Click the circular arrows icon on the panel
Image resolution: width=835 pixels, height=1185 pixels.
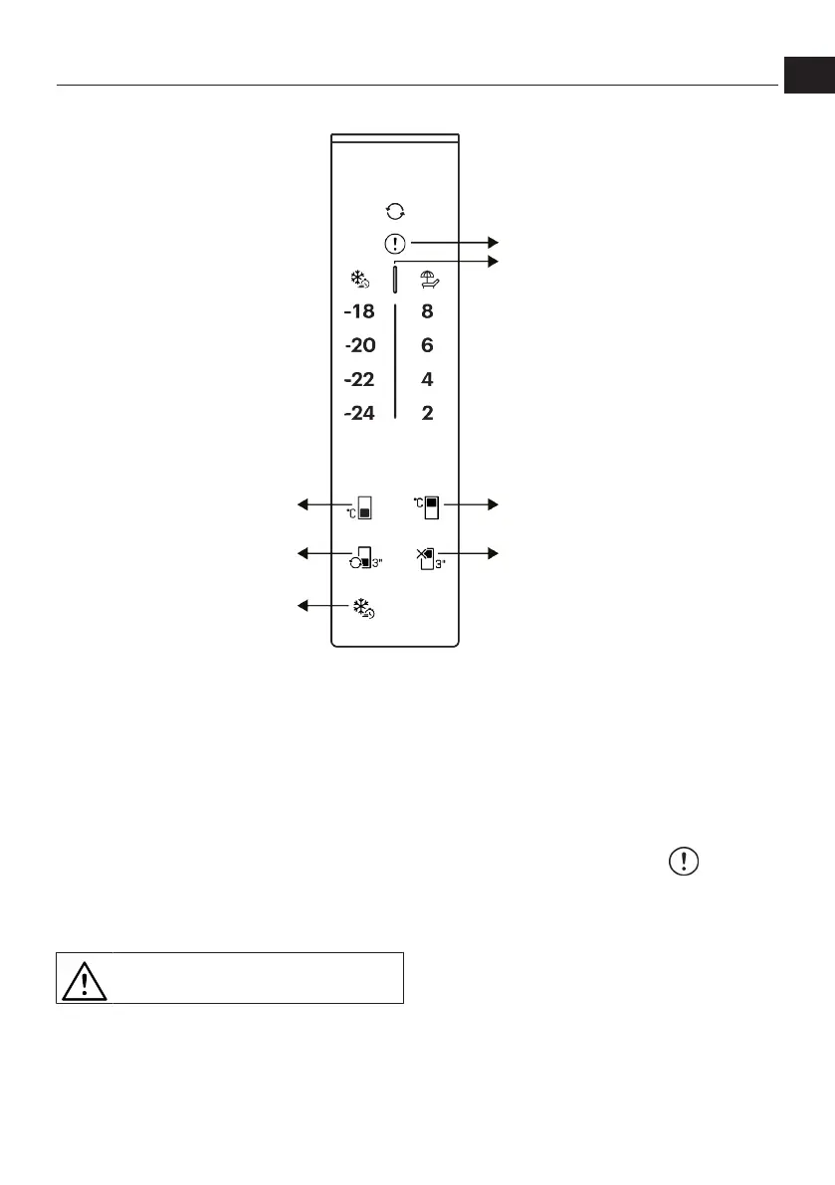point(395,211)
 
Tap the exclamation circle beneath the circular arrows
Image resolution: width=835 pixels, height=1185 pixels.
point(395,242)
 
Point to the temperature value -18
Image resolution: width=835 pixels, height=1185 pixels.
point(359,312)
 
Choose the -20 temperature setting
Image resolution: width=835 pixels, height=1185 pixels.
point(359,346)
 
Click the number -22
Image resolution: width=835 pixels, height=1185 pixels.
point(359,379)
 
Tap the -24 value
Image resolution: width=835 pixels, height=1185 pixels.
point(359,413)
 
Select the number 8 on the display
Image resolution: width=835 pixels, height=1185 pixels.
point(427,312)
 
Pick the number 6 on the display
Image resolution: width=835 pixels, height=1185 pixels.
point(427,346)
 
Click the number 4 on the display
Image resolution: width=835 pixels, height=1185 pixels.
point(427,379)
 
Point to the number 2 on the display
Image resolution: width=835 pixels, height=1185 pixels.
point(427,413)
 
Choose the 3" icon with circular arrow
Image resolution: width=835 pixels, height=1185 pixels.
point(362,558)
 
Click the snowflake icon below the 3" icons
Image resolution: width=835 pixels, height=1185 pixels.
point(364,608)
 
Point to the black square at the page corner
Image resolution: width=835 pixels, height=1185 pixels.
point(808,75)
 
